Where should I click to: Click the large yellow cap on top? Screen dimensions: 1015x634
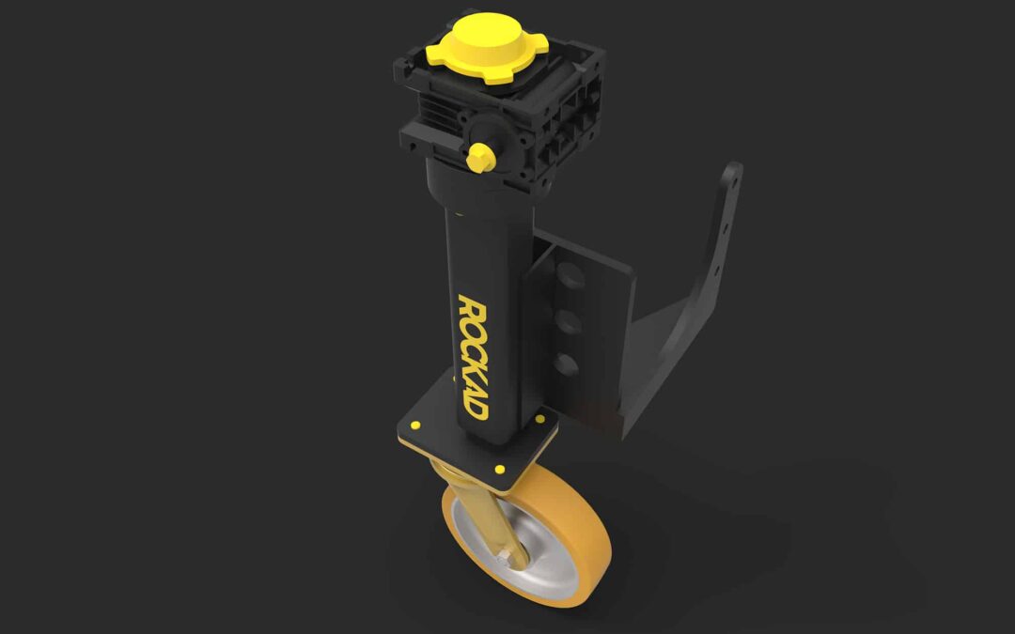[487, 47]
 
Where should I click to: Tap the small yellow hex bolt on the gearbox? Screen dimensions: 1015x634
[480, 158]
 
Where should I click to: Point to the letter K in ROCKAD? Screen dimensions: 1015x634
[473, 369]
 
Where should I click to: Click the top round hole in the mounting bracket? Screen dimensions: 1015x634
[570, 277]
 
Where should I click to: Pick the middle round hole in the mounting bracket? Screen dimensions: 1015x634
[569, 321]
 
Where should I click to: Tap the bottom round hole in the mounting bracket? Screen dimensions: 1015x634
[567, 364]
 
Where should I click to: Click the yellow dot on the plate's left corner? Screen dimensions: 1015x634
[415, 425]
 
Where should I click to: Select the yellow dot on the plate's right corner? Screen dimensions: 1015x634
[539, 419]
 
